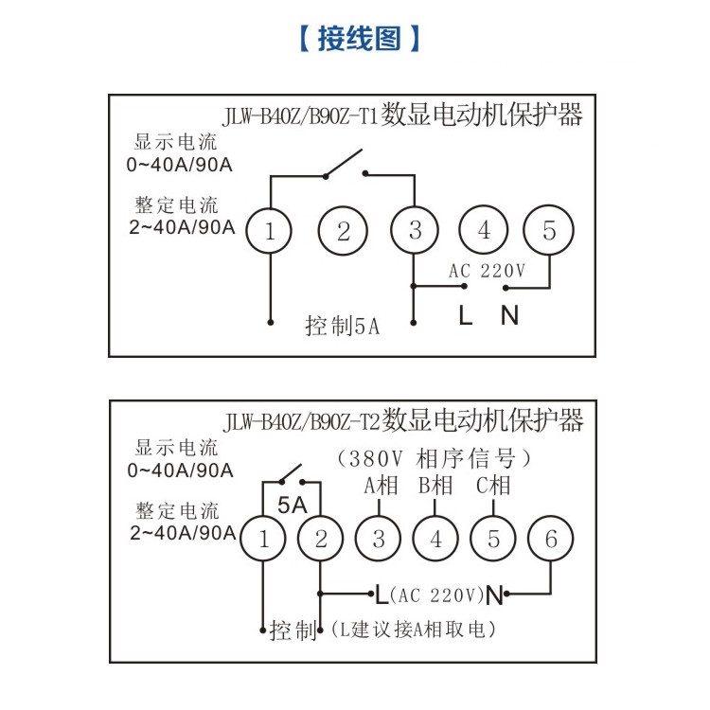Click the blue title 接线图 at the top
[360, 39]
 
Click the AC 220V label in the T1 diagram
[487, 271]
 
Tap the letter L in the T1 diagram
[466, 315]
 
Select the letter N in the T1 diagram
[509, 315]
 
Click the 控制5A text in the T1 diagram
[343, 326]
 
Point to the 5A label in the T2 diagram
[293, 506]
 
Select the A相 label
[381, 486]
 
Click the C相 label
[493, 486]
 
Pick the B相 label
[435, 486]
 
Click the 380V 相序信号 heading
[434, 459]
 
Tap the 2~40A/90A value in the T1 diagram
[182, 227]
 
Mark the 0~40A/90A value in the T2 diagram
[180, 470]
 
